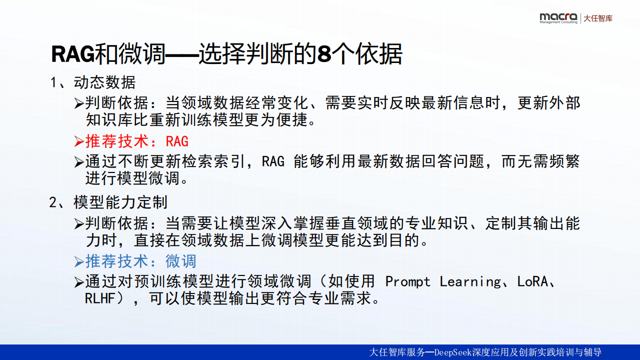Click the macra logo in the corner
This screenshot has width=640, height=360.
click(558, 18)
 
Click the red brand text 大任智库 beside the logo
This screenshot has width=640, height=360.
click(598, 18)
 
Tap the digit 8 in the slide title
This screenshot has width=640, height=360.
click(324, 53)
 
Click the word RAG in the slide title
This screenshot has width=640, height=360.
click(73, 53)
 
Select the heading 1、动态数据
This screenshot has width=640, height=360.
click(93, 82)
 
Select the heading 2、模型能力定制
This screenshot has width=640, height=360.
click(108, 202)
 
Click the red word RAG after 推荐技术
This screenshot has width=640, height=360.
click(177, 141)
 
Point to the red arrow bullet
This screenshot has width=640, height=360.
click(79, 141)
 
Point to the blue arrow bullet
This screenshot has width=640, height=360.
click(79, 261)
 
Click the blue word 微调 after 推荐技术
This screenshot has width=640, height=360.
click(181, 261)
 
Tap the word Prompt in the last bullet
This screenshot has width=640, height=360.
click(407, 281)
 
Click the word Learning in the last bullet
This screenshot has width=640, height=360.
click(470, 281)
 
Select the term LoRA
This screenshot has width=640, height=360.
click(532, 281)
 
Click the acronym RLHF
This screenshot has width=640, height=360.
click(99, 298)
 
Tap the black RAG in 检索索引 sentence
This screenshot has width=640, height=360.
click(273, 161)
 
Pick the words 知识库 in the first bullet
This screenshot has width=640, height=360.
click(109, 119)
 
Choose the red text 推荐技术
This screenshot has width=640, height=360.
click(117, 141)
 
